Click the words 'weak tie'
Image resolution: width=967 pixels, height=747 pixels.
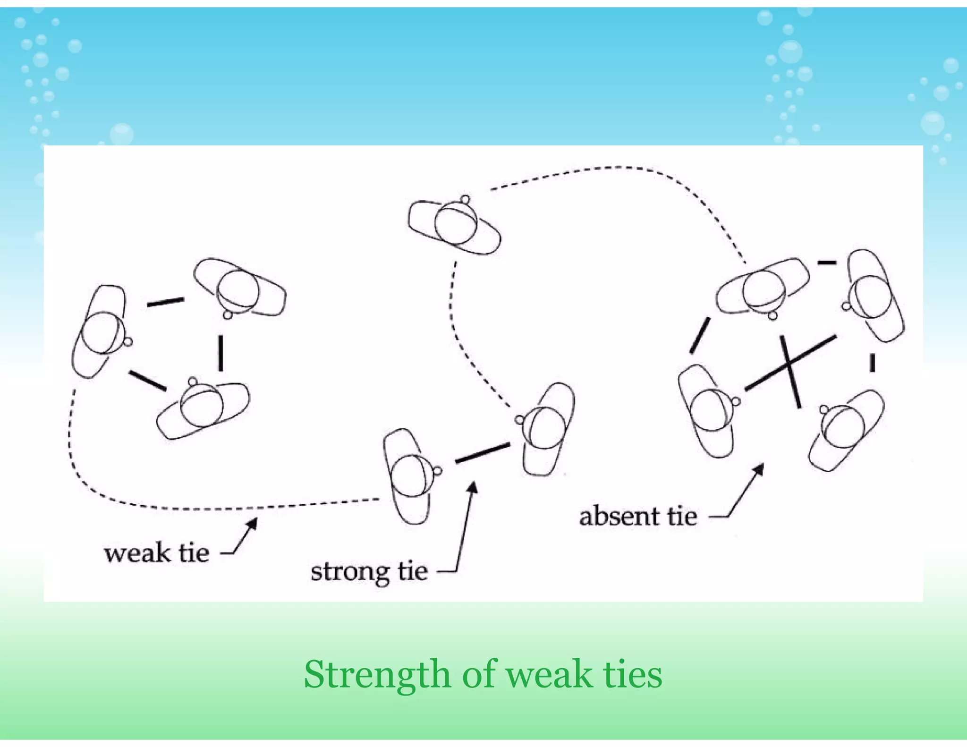click(156, 553)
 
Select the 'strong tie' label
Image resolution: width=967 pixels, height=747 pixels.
click(369, 571)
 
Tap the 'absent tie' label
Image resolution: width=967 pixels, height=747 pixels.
click(638, 516)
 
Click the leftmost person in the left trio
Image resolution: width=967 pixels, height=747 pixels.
click(100, 331)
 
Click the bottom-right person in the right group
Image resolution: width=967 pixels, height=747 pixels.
click(845, 428)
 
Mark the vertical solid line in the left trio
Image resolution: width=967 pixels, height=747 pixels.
click(220, 352)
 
